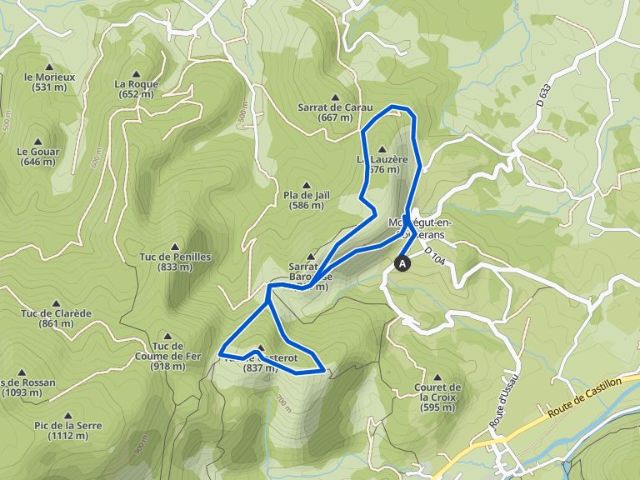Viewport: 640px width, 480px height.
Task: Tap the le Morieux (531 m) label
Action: tap(51, 82)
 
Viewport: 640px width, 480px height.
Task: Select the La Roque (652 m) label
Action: tap(137, 88)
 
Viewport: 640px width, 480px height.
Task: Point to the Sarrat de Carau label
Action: tap(334, 112)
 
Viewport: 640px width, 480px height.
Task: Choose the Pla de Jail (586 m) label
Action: tap(307, 200)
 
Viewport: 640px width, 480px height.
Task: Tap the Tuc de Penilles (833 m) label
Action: tap(175, 262)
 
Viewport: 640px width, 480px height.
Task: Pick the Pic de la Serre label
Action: tap(68, 430)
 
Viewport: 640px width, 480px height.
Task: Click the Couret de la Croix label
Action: tap(441, 392)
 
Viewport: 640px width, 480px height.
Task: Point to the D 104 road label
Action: tap(435, 257)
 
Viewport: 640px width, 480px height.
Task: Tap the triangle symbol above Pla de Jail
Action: tap(307, 185)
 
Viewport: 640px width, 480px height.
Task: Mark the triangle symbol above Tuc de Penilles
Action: tap(175, 247)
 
